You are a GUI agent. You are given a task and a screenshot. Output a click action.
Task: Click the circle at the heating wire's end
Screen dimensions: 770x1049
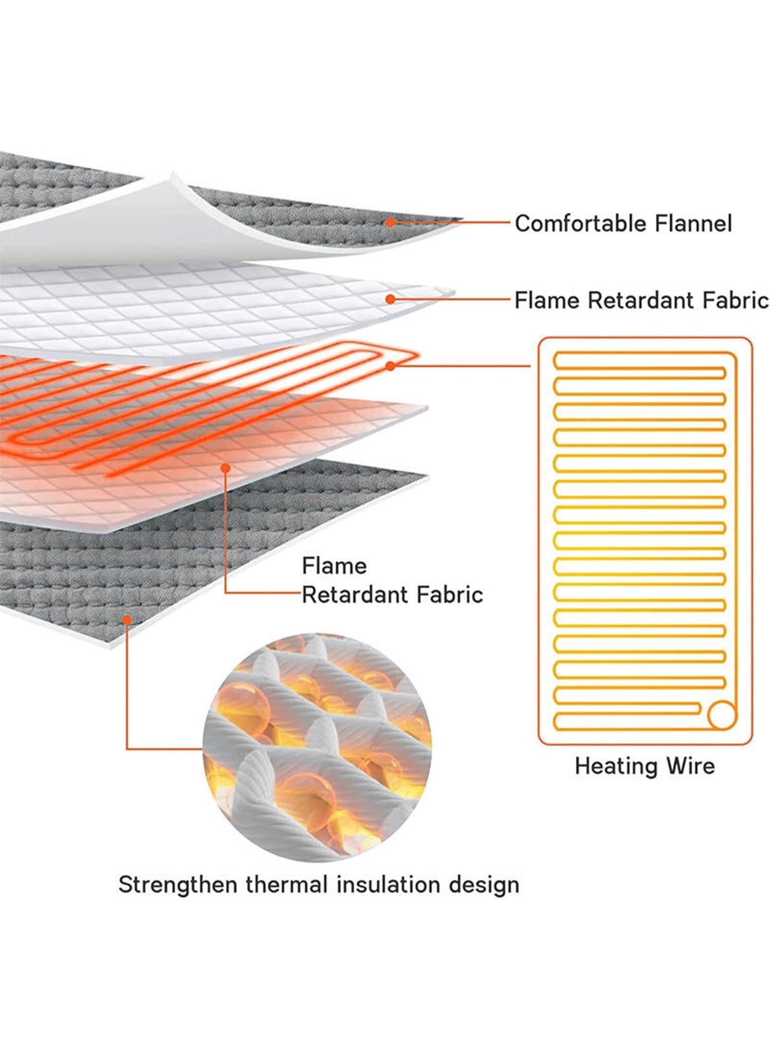pyautogui.click(x=722, y=715)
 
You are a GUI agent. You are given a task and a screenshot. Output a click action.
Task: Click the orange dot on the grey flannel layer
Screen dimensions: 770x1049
pyautogui.click(x=390, y=222)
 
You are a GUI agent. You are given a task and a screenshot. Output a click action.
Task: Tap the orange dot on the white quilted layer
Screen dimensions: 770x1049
pyautogui.click(x=390, y=299)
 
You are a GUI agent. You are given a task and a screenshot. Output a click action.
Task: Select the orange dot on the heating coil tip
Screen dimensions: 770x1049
pyautogui.click(x=391, y=365)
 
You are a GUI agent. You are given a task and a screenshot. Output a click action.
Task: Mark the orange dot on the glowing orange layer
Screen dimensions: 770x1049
pyautogui.click(x=225, y=467)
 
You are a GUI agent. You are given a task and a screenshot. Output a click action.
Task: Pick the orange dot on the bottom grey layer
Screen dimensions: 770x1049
pyautogui.click(x=127, y=619)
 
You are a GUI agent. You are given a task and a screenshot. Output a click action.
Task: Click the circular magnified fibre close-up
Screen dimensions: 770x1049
pyautogui.click(x=317, y=747)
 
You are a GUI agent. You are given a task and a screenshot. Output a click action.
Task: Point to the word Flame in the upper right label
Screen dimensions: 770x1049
pyautogui.click(x=547, y=301)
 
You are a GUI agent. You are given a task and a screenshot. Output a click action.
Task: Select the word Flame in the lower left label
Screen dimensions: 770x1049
pyautogui.click(x=334, y=565)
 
